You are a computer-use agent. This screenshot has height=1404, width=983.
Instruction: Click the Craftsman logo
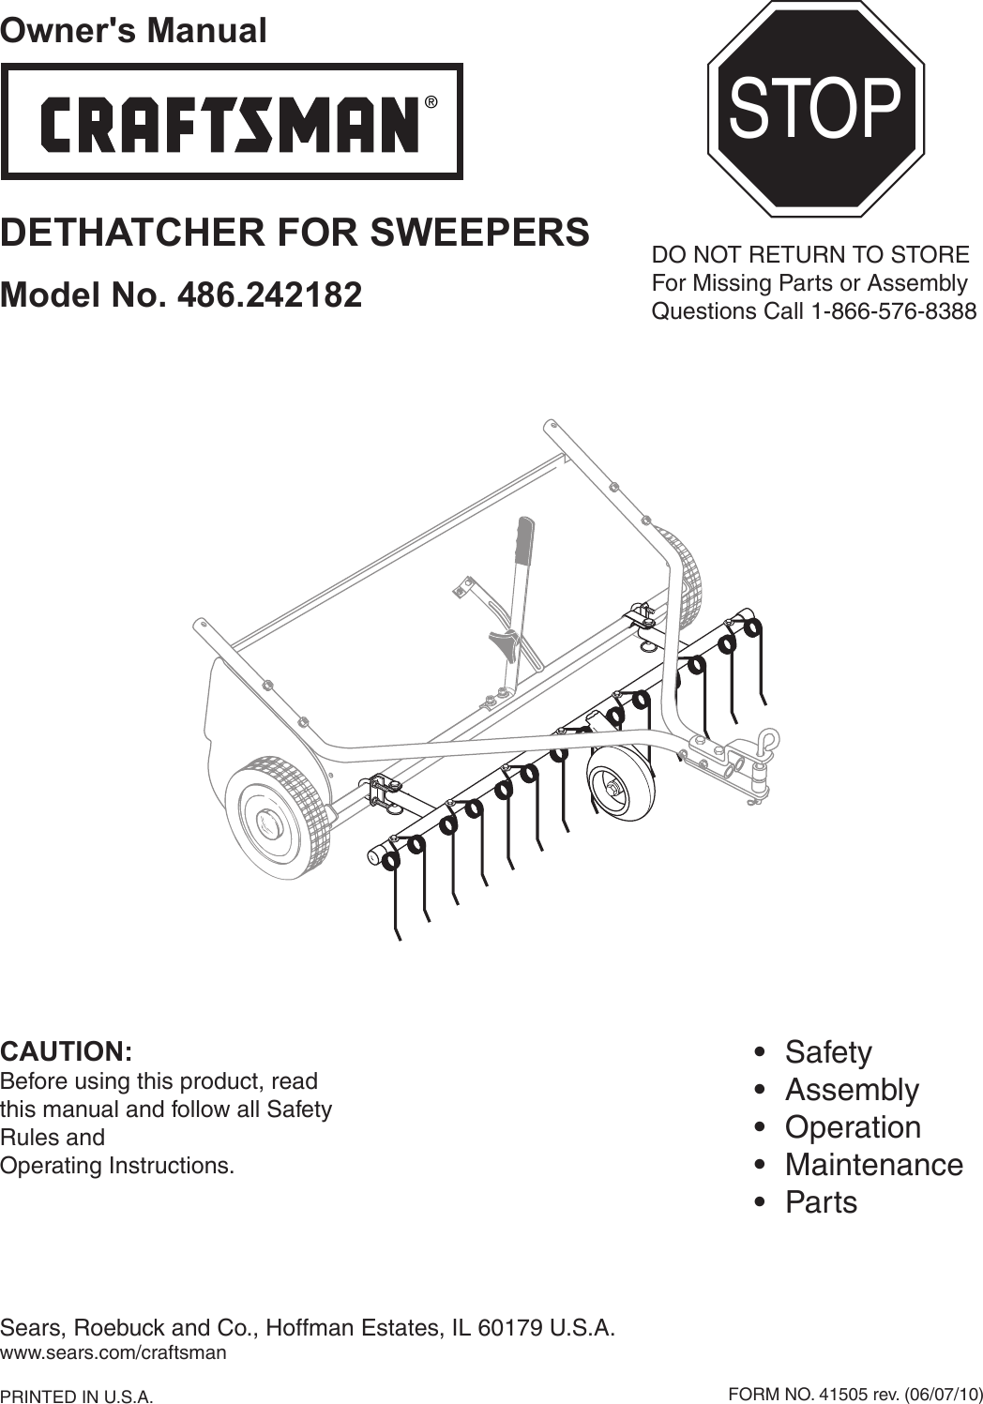click(x=231, y=122)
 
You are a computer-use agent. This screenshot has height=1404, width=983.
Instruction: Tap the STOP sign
click(x=815, y=109)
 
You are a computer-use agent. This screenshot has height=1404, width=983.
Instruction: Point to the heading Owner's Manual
click(x=133, y=30)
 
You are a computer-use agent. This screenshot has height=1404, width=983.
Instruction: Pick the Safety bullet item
click(x=827, y=1052)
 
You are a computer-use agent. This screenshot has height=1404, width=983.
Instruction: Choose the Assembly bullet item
click(x=851, y=1090)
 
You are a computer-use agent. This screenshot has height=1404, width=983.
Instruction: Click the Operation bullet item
click(x=852, y=1127)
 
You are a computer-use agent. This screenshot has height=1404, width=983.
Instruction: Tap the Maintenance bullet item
click(x=873, y=1165)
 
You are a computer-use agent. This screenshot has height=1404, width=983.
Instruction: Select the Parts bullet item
click(x=821, y=1202)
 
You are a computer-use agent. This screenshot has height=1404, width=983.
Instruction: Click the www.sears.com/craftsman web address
click(x=113, y=1353)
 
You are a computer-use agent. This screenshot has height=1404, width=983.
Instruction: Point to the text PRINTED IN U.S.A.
click(x=77, y=1396)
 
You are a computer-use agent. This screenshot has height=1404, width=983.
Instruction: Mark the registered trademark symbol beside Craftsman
click(x=431, y=102)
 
